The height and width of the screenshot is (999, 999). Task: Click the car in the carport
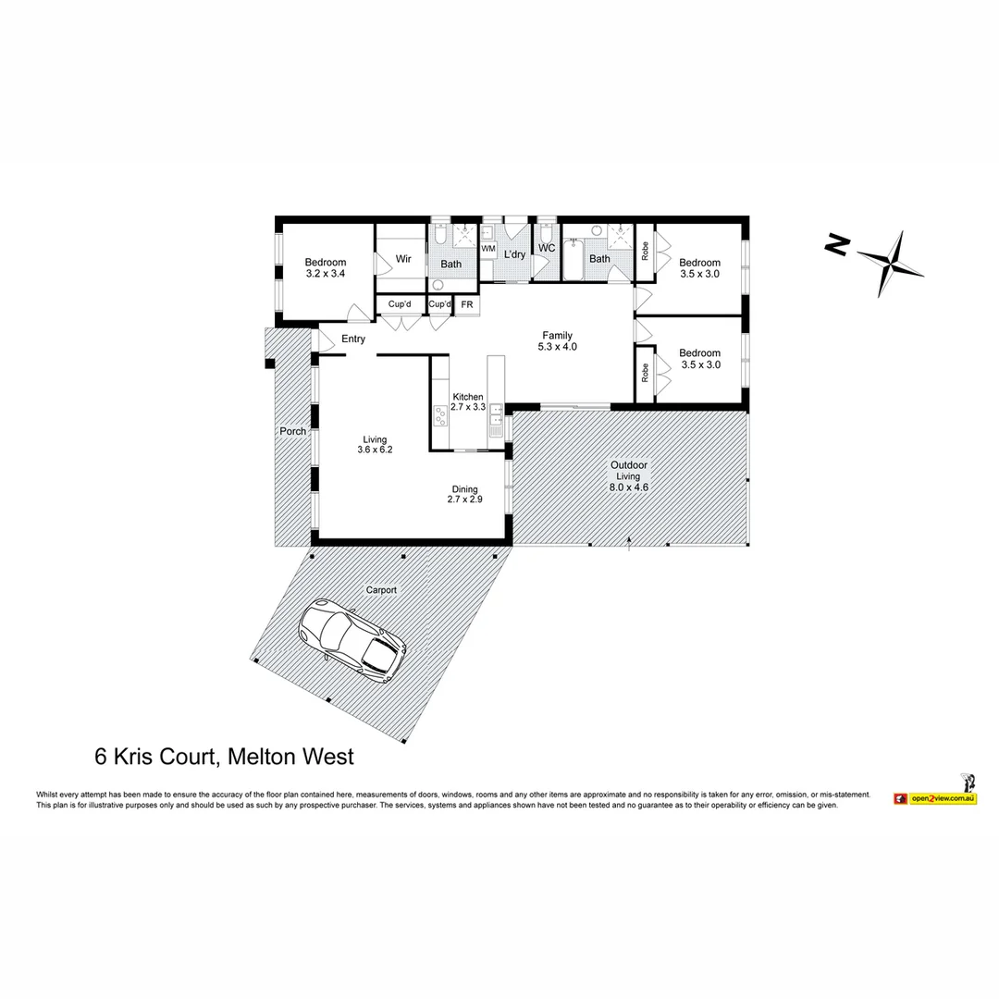pos(351,637)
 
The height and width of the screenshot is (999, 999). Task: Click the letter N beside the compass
pos(837,244)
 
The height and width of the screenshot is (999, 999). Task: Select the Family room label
pos(557,341)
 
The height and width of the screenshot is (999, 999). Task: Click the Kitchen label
pos(467,401)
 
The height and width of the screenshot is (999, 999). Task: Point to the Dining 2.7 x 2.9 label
pos(464,494)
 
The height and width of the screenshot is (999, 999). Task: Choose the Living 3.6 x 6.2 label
pos(375,445)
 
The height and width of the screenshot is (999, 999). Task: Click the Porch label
pos(292,431)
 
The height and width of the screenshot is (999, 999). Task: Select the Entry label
pos(353,339)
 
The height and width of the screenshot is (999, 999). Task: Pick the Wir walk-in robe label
pos(403,259)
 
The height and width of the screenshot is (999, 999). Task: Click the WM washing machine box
pos(487,249)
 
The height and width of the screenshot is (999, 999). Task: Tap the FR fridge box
pos(467,304)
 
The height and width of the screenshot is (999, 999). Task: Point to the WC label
pos(547,248)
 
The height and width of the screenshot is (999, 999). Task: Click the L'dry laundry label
pos(514,253)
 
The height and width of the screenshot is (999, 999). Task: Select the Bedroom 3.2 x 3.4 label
pos(326,268)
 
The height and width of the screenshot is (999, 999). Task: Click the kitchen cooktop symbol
pos(440,415)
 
